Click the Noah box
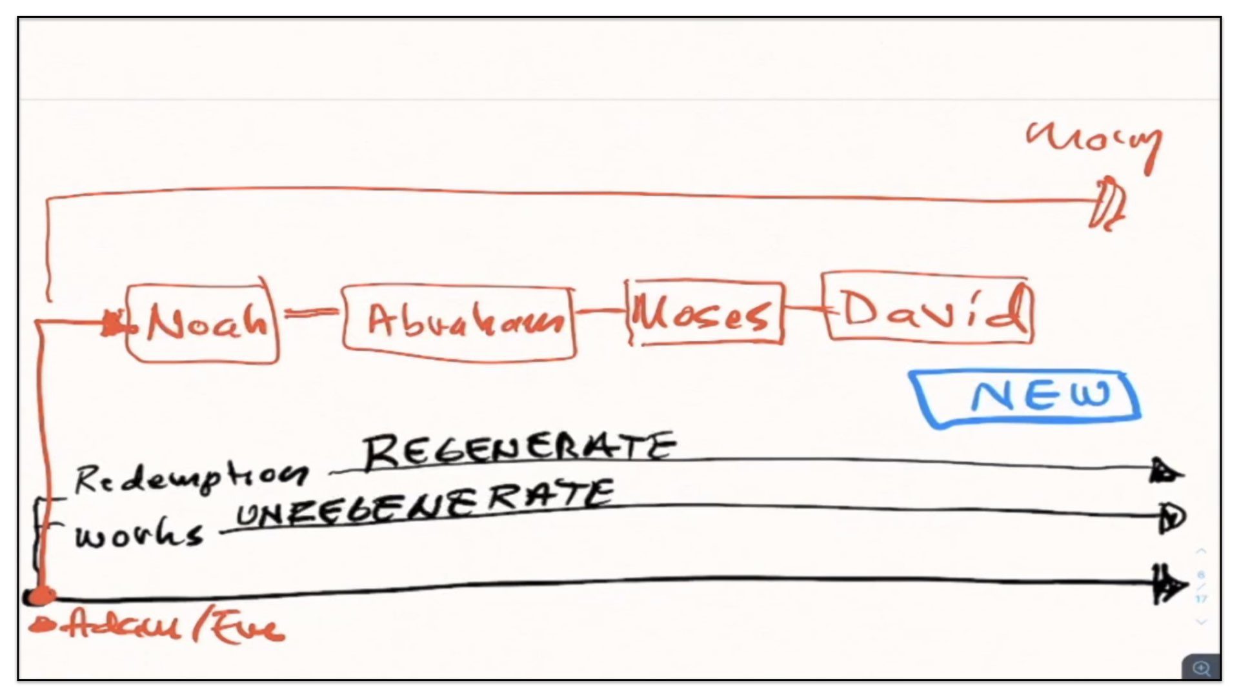click(203, 323)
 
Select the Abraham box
click(459, 322)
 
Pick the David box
click(927, 308)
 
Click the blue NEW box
click(1026, 397)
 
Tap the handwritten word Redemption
click(190, 478)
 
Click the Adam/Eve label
click(158, 628)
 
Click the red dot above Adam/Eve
click(41, 595)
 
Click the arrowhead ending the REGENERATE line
click(1165, 472)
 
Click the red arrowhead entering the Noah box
click(114, 323)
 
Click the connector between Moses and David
click(803, 308)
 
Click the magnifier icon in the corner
click(1201, 667)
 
